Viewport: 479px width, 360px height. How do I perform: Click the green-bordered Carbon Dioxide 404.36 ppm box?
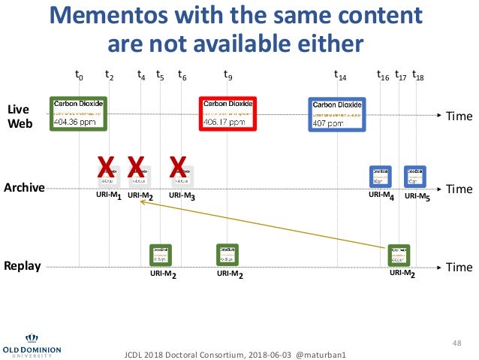(x=75, y=113)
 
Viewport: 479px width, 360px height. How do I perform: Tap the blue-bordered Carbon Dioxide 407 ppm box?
(x=338, y=115)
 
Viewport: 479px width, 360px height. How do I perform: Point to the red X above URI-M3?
(x=178, y=166)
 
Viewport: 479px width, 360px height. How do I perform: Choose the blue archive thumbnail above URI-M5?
(x=414, y=177)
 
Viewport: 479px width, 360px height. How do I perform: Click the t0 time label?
(x=79, y=75)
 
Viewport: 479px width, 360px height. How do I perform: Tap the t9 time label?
(x=228, y=75)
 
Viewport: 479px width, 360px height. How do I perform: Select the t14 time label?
(x=339, y=75)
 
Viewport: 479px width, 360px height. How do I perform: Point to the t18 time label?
(x=418, y=75)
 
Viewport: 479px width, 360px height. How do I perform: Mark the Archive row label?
(x=25, y=188)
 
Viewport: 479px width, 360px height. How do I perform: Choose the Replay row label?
(x=23, y=266)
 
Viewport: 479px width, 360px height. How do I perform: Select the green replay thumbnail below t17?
(x=399, y=256)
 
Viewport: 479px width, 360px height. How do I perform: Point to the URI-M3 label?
(x=182, y=197)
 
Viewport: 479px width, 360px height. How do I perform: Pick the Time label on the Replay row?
(x=459, y=268)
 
